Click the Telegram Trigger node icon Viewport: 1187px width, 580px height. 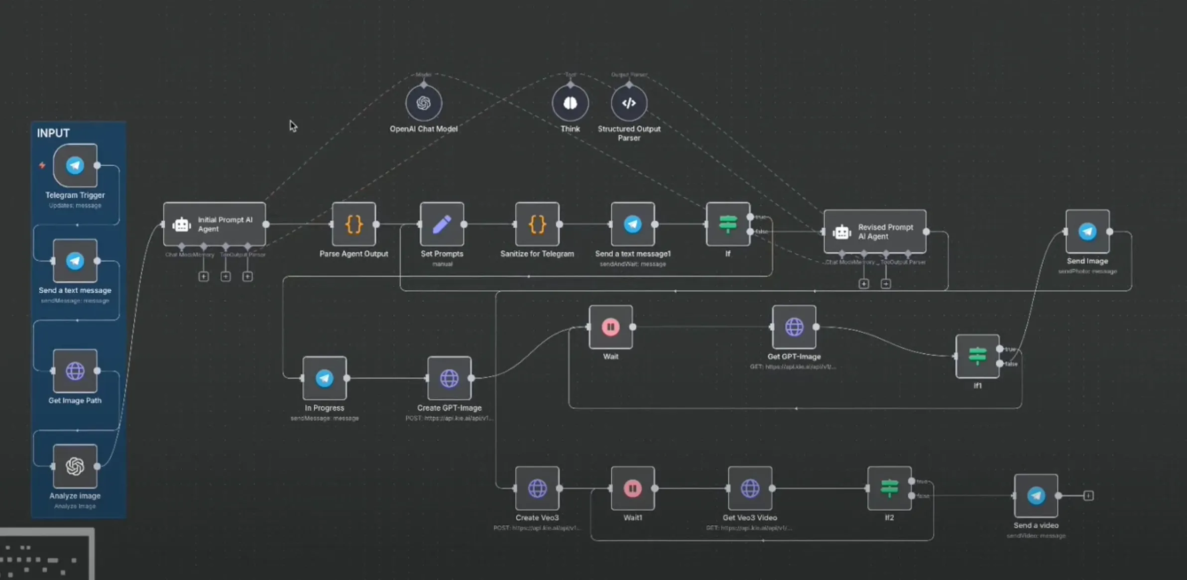pyautogui.click(x=75, y=165)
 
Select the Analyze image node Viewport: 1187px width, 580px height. pyautogui.click(x=75, y=466)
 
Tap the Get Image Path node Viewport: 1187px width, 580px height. pyautogui.click(x=75, y=371)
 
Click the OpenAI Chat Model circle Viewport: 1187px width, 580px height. pyautogui.click(x=424, y=103)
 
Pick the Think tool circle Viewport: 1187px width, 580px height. pyautogui.click(x=570, y=103)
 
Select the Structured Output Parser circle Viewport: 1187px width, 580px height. pyautogui.click(x=629, y=103)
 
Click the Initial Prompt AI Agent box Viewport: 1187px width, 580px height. pyautogui.click(x=215, y=224)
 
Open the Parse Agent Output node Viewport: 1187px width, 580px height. pyautogui.click(x=354, y=224)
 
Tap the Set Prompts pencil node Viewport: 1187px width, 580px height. pyautogui.click(x=442, y=224)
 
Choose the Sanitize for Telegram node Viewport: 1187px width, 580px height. pyautogui.click(x=537, y=224)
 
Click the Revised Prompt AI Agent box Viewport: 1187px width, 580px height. pyautogui.click(x=875, y=232)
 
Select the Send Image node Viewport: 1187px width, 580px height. pyautogui.click(x=1087, y=232)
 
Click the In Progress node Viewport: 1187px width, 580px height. pyautogui.click(x=325, y=378)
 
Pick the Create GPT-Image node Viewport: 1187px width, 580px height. pyautogui.click(x=449, y=378)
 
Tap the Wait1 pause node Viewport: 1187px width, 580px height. pyautogui.click(x=633, y=488)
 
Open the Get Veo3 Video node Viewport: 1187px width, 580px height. pyautogui.click(x=750, y=488)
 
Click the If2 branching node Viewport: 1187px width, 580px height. pyautogui.click(x=889, y=488)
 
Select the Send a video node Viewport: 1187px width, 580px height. pyautogui.click(x=1036, y=496)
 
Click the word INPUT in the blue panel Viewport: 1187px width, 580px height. pyautogui.click(x=53, y=133)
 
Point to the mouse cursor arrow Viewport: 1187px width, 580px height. pyautogui.click(x=293, y=125)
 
